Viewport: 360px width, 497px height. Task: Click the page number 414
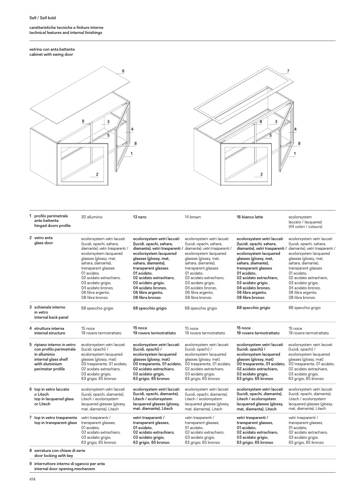point(32,479)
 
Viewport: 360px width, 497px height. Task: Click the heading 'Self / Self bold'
point(43,18)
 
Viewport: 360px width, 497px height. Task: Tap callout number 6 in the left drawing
point(123,71)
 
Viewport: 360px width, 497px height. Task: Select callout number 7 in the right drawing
point(288,71)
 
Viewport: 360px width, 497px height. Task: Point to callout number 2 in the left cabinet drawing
point(97,174)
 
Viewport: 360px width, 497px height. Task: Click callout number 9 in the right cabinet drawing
point(261,122)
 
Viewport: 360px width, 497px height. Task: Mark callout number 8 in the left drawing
point(135,143)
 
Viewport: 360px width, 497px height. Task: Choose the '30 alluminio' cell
point(92,217)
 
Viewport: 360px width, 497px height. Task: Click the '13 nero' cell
point(139,217)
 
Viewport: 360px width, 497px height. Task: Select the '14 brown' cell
point(193,217)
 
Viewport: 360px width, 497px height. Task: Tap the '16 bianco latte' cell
point(249,217)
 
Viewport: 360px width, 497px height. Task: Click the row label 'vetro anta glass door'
point(44,240)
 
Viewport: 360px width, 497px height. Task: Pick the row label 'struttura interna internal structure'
point(50,331)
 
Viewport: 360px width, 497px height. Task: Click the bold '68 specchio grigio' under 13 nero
point(150,308)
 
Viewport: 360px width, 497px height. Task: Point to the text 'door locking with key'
point(54,455)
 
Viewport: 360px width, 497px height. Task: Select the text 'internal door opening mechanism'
point(65,469)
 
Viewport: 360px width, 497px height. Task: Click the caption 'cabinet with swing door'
point(51,55)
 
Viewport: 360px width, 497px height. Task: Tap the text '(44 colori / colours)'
point(305,226)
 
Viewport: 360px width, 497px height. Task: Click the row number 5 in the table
point(31,345)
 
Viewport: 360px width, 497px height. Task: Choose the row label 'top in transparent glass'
point(55,423)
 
